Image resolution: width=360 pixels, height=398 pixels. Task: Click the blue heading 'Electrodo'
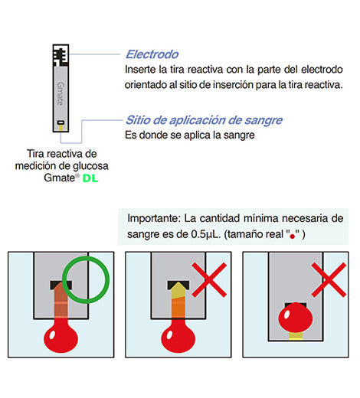pos(152,54)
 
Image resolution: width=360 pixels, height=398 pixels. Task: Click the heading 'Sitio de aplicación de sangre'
pos(204,120)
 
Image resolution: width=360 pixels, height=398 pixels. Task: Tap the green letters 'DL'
pos(90,178)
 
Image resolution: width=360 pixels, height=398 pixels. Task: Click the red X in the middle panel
pos(209,280)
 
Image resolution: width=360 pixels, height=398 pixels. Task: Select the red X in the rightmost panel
pos(329,280)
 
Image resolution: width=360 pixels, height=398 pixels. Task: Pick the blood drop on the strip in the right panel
pos(296,318)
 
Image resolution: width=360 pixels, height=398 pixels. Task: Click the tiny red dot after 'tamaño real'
pos(293,237)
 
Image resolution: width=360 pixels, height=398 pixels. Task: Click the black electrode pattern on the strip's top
pos(61,56)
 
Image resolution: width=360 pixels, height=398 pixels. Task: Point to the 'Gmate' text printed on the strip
pos(61,93)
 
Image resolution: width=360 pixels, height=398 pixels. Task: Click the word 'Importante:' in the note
pos(154,219)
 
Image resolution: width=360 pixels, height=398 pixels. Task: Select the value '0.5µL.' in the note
pos(206,234)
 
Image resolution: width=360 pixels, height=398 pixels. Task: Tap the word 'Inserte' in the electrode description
pos(140,70)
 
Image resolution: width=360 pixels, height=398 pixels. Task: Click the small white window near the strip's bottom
pos(61,122)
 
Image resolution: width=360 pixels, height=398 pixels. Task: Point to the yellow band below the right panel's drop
pos(296,336)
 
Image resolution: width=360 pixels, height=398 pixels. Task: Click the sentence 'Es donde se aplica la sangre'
pos(190,135)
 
